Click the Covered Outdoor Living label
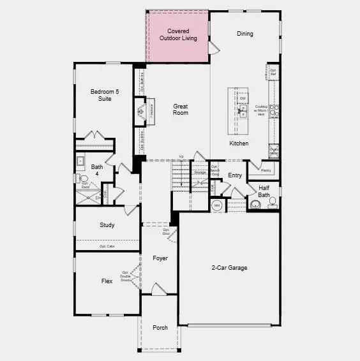pyautogui.click(x=177, y=34)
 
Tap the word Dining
pyautogui.click(x=244, y=34)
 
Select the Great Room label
pyautogui.click(x=181, y=109)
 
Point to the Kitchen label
pyautogui.click(x=239, y=144)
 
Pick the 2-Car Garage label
pyautogui.click(x=229, y=268)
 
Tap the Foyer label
pyautogui.click(x=160, y=258)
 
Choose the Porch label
pyautogui.click(x=160, y=328)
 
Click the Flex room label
pyautogui.click(x=107, y=280)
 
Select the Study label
pyautogui.click(x=107, y=225)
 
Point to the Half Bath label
pyautogui.click(x=264, y=191)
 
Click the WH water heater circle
pyautogui.click(x=216, y=205)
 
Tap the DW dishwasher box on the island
pyautogui.click(x=243, y=98)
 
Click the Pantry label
pyautogui.click(x=267, y=170)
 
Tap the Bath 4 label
pyautogui.click(x=96, y=170)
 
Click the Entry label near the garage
pyautogui.click(x=235, y=175)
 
